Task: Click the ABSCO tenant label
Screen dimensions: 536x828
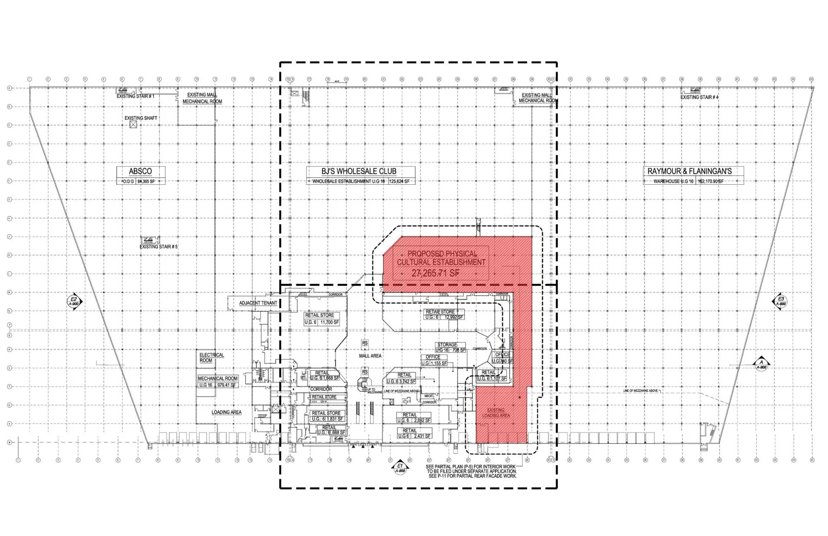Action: [x=140, y=171]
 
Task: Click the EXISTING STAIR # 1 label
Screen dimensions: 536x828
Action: [x=135, y=96]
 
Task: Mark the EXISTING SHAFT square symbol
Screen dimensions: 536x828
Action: [x=133, y=124]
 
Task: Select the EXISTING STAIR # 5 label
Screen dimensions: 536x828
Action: [x=159, y=246]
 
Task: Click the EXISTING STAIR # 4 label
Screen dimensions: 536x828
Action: [x=700, y=97]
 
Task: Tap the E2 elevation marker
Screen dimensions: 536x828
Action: [x=74, y=301]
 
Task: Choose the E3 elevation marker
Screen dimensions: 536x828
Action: [x=781, y=301]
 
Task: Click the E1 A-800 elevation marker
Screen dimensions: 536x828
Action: [x=400, y=467]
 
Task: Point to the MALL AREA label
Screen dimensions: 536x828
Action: [x=370, y=356]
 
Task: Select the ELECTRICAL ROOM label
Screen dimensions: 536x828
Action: [x=212, y=357]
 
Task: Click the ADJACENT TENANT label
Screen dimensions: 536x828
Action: [x=258, y=303]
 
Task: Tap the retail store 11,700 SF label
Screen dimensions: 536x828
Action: [x=322, y=319]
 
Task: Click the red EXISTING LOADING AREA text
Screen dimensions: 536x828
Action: [x=496, y=413]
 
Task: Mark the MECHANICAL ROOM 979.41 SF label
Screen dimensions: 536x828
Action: [x=217, y=381]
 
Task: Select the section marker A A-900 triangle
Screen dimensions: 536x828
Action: [x=761, y=364]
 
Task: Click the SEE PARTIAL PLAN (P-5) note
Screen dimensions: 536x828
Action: [x=471, y=471]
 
